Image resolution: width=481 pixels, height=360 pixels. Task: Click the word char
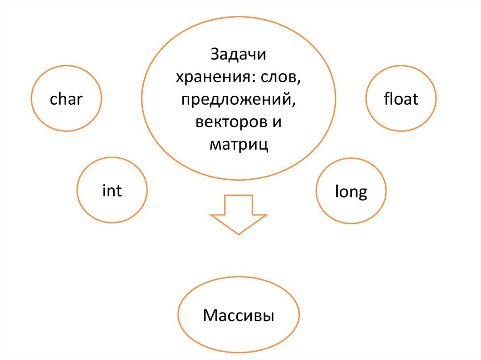66,99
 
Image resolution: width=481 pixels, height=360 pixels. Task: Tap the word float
401,99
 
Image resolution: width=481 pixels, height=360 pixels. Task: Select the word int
112,191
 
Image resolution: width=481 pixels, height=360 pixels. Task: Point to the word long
351,192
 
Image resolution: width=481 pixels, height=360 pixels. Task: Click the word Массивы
239,315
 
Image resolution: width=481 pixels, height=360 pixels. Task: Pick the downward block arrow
239,215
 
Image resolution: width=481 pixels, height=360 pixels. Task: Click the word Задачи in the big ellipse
239,54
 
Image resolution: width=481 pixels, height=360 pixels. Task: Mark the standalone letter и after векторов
277,123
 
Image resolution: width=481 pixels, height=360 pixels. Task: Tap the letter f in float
386,99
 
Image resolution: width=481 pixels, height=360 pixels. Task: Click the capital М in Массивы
209,315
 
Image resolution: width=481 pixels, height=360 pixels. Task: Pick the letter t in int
119,191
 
